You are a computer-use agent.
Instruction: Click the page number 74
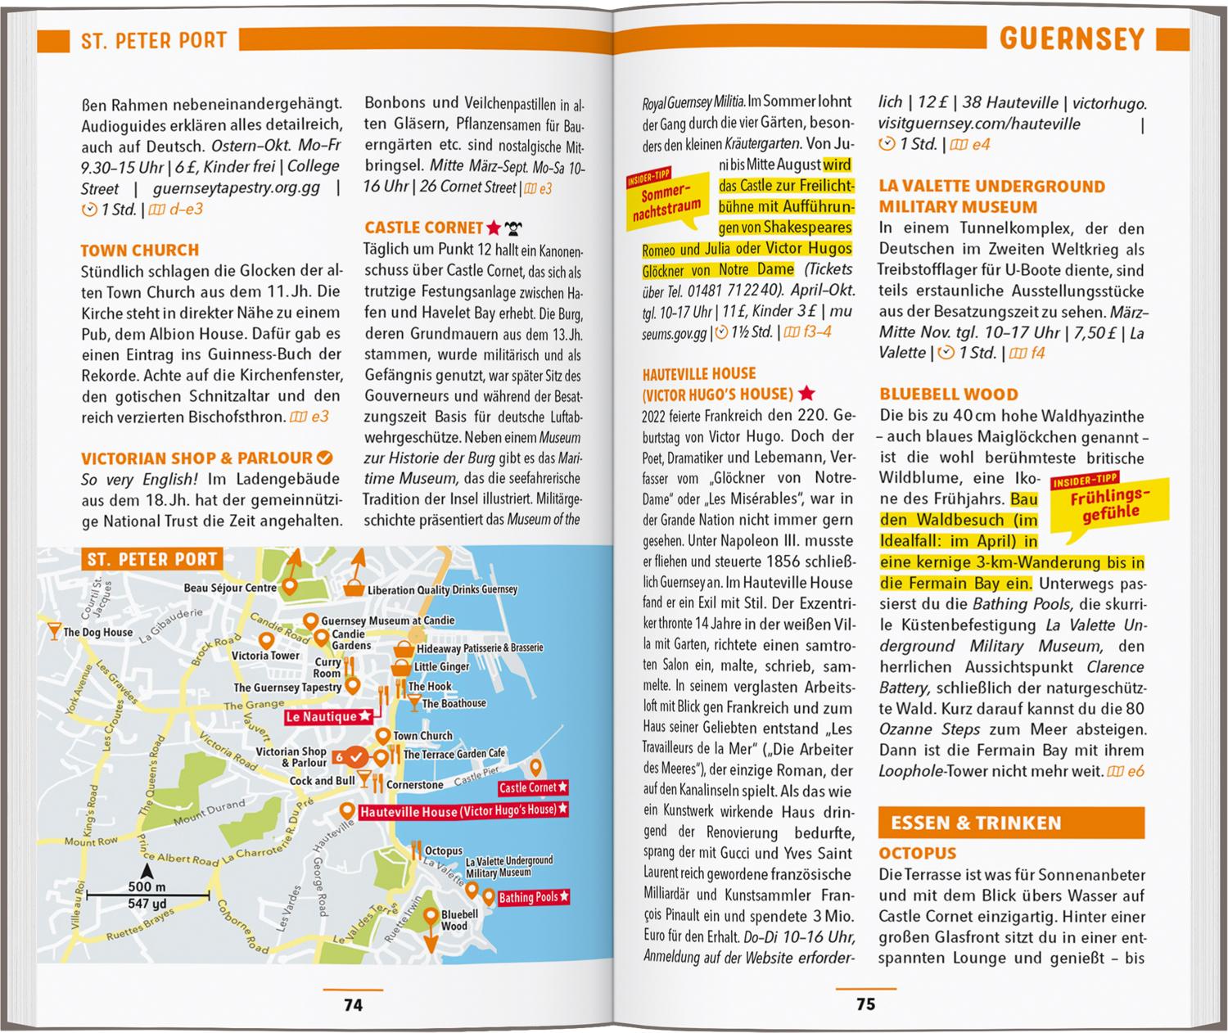353,1004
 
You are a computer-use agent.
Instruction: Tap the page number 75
865,1004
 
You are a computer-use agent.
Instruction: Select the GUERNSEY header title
1072,38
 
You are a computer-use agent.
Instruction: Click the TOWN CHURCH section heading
140,250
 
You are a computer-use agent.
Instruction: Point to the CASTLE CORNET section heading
424,228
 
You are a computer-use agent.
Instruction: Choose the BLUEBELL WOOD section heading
949,394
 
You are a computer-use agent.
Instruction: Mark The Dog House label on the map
97,632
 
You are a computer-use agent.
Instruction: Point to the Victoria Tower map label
265,655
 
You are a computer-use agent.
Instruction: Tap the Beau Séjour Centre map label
230,588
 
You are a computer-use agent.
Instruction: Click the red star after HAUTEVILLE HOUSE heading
806,393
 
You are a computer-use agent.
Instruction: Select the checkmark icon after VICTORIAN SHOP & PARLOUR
324,458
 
